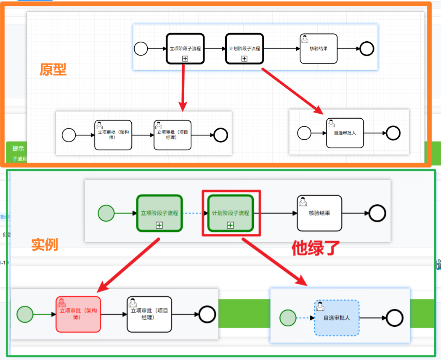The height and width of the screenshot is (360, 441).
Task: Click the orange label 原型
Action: [53, 69]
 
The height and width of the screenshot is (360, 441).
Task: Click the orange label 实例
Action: [45, 245]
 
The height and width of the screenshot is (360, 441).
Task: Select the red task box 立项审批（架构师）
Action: [78, 314]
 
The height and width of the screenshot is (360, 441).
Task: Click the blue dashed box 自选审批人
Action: [337, 318]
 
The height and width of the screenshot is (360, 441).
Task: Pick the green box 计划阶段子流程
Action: [231, 213]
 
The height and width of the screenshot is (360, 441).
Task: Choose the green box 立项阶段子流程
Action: [159, 213]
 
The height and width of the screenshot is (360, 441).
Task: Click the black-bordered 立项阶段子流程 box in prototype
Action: [185, 48]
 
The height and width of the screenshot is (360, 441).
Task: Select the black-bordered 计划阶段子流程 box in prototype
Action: [244, 48]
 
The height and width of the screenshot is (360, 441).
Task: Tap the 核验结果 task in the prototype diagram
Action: [319, 48]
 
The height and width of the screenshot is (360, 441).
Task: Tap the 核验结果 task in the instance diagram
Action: [319, 213]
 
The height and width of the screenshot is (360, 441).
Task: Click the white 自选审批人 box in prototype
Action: [345, 133]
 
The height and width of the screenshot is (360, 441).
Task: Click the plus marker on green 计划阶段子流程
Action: [231, 225]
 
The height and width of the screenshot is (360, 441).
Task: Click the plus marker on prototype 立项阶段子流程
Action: [185, 59]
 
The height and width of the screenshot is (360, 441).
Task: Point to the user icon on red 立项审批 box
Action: [62, 302]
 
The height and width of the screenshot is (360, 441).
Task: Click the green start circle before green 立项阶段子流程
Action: [106, 213]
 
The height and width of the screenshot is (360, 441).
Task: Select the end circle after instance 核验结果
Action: [377, 213]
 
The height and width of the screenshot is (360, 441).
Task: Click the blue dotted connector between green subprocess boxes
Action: [195, 213]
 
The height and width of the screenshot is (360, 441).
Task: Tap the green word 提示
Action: [18, 148]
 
